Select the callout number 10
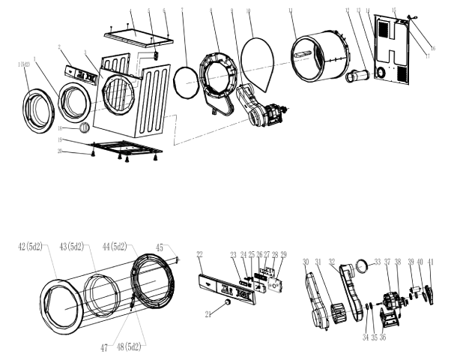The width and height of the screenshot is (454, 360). tap(249, 11)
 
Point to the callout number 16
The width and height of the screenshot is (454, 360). tap(432, 47)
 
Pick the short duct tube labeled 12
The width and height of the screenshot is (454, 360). tap(358, 76)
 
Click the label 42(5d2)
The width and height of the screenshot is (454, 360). tap(32, 247)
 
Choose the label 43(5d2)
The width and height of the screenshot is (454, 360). tap(75, 247)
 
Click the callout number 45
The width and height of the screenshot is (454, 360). tap(159, 247)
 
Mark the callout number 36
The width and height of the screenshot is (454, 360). tap(384, 316)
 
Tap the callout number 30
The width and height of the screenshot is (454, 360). tap(306, 262)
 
